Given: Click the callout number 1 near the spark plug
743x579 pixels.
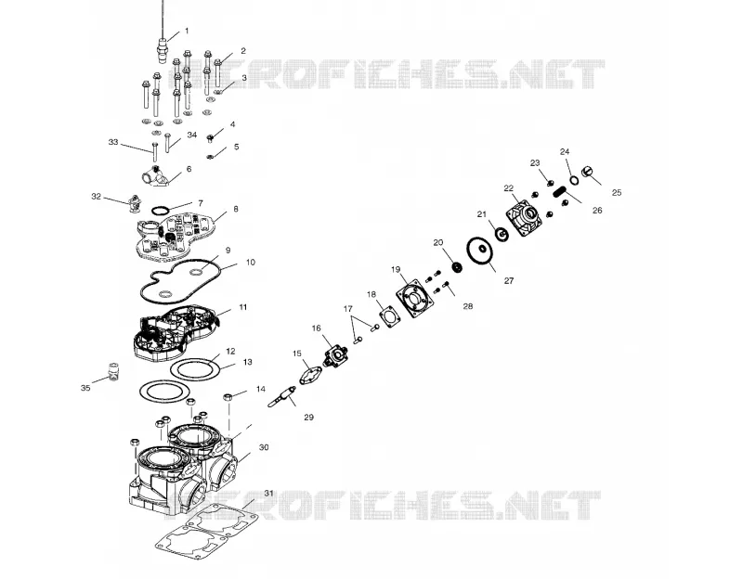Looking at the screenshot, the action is tap(187, 31).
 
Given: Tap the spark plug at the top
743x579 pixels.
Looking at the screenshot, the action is tap(163, 47).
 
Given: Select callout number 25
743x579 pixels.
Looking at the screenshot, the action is tap(617, 193).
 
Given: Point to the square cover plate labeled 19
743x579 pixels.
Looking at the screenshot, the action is tap(415, 297).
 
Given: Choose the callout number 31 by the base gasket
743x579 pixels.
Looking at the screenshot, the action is tap(268, 494).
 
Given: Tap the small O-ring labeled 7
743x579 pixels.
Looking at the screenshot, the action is tap(161, 210).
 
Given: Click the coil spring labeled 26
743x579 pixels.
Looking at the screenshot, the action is tap(561, 193).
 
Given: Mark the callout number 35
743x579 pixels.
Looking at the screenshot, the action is tap(85, 388).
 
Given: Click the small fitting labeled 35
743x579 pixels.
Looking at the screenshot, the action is tap(113, 371).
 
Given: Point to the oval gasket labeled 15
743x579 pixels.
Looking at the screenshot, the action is tap(309, 376).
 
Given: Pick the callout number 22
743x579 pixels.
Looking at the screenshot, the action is tap(508, 188).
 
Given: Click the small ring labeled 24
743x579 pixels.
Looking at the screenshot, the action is tap(574, 180).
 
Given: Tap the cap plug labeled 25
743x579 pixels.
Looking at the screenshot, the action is tap(588, 171).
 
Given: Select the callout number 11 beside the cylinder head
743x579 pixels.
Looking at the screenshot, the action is tap(243, 307).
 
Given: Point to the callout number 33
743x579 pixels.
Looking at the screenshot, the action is tap(112, 142).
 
